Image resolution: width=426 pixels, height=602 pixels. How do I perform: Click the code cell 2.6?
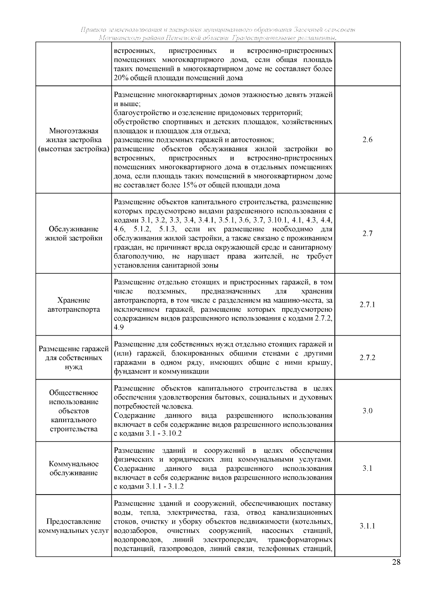pyautogui.click(x=367, y=140)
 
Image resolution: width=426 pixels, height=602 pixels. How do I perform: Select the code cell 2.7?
pyautogui.click(x=367, y=234)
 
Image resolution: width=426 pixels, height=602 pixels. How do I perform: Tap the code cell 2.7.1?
pyautogui.click(x=367, y=305)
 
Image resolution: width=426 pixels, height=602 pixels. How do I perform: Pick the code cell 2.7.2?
pyautogui.click(x=367, y=358)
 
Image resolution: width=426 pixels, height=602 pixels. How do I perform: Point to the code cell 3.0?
pyautogui.click(x=367, y=411)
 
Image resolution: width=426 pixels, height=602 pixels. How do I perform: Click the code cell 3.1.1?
pyautogui.click(x=367, y=526)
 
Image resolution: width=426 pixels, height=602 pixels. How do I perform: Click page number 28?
pyautogui.click(x=396, y=562)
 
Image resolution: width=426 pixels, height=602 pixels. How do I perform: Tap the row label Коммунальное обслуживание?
pyautogui.click(x=74, y=469)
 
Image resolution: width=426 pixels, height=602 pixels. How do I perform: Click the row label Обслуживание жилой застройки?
pyautogui.click(x=74, y=234)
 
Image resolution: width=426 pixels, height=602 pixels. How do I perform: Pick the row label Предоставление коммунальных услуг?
pyautogui.click(x=74, y=526)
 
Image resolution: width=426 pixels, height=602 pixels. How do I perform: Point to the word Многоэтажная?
pyautogui.click(x=74, y=131)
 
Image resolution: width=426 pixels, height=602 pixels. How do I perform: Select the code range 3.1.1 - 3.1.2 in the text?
pyautogui.click(x=165, y=486)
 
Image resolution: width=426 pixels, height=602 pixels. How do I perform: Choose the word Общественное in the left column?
pyautogui.click(x=74, y=393)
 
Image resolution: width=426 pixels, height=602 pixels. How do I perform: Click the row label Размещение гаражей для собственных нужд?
pyautogui.click(x=74, y=358)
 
